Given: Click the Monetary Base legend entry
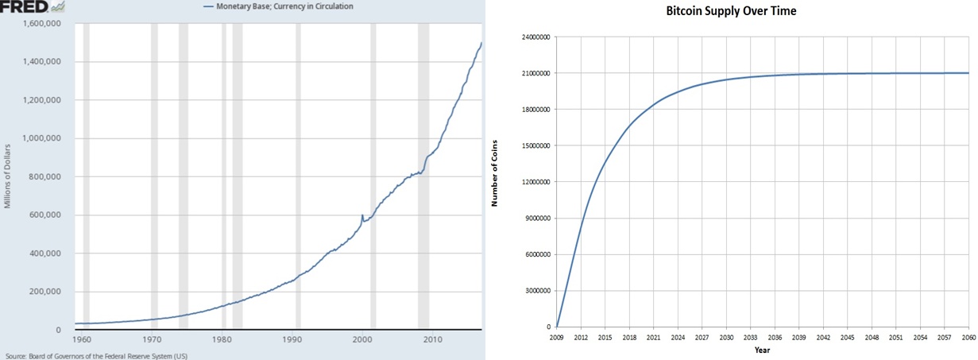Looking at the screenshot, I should tap(278, 6).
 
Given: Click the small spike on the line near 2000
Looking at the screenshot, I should tap(362, 216).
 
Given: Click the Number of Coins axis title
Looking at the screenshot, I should tap(494, 181).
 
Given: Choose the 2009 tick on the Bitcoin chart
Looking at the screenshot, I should tap(557, 337).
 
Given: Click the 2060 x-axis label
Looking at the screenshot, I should tap(968, 337).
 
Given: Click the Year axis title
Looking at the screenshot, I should tap(762, 350).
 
